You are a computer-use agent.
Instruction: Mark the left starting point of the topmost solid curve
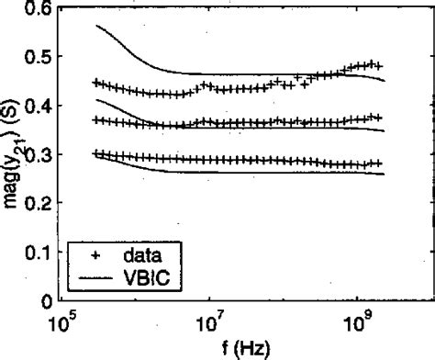[x=96, y=26]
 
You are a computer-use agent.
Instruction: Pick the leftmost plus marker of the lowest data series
[x=96, y=153]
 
